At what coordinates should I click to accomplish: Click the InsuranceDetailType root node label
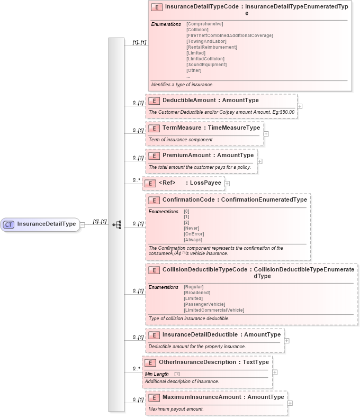47,224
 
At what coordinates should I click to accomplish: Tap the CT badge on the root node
8,224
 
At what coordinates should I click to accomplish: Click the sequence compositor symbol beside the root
116,224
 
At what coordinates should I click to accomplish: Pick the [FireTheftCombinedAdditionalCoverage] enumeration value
230,35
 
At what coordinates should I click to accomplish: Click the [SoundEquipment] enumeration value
206,65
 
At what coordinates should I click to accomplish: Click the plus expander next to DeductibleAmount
300,106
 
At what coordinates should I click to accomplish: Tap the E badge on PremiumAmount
154,156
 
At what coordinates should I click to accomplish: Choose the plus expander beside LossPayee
227,183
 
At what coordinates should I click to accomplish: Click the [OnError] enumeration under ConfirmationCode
194,234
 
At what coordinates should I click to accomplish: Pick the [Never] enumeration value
191,228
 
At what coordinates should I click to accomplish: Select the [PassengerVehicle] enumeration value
204,304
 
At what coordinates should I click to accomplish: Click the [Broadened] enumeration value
197,293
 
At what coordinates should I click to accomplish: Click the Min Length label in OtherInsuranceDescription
157,374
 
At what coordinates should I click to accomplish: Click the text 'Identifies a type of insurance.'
182,85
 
